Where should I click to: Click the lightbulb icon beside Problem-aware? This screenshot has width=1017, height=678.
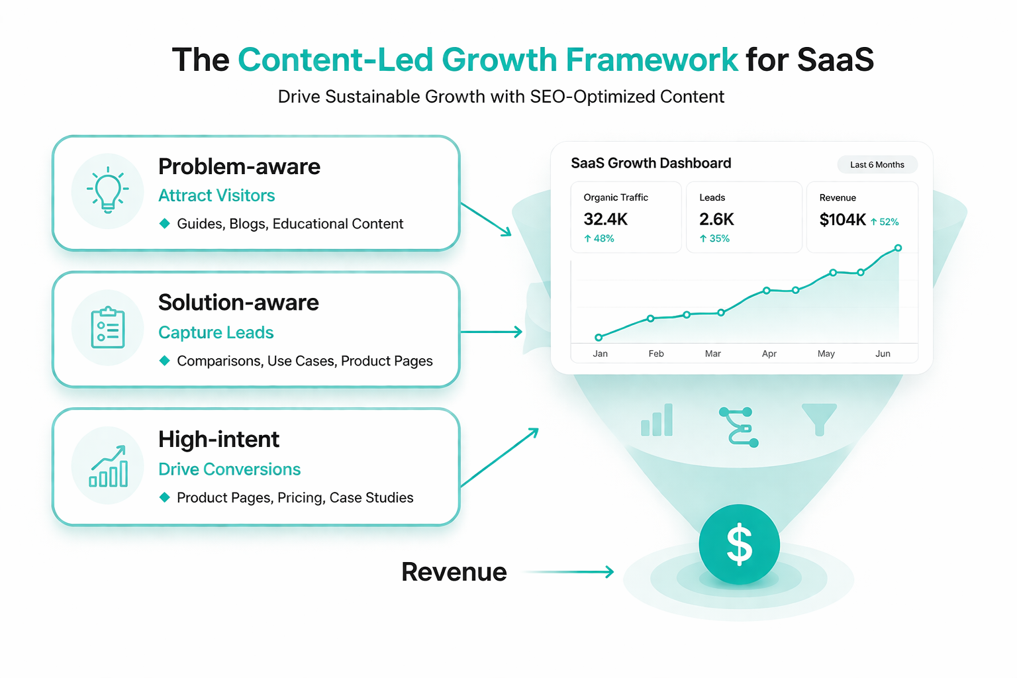click(x=108, y=190)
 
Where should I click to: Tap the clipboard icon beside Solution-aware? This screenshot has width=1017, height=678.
click(x=108, y=328)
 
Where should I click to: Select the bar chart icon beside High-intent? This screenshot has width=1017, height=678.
click(x=108, y=466)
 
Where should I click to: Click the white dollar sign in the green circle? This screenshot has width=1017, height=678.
click(x=739, y=544)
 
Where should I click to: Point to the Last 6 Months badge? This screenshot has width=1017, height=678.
click(x=877, y=164)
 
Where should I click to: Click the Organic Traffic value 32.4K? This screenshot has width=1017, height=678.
click(x=605, y=219)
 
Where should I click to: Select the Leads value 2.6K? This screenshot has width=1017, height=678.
click(x=716, y=219)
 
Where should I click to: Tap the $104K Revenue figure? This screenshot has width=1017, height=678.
click(x=843, y=220)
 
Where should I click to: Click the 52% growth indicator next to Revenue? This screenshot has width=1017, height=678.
click(x=885, y=222)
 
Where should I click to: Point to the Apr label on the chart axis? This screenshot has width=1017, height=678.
click(x=769, y=354)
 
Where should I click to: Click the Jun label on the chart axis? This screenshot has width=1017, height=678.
click(x=883, y=354)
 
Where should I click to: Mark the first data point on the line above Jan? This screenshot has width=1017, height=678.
click(x=599, y=338)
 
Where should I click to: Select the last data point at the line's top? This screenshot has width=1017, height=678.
click(x=898, y=248)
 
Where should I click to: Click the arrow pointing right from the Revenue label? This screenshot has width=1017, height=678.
click(x=569, y=572)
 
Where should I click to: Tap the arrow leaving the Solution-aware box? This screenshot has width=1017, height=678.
click(x=491, y=332)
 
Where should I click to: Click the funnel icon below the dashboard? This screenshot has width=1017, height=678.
click(x=819, y=419)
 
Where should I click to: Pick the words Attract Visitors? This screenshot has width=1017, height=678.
click(x=217, y=195)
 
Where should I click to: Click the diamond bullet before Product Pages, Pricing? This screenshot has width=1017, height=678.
click(x=165, y=497)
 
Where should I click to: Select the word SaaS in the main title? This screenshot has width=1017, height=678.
click(x=836, y=60)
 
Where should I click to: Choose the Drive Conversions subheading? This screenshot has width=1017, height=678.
click(x=229, y=469)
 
